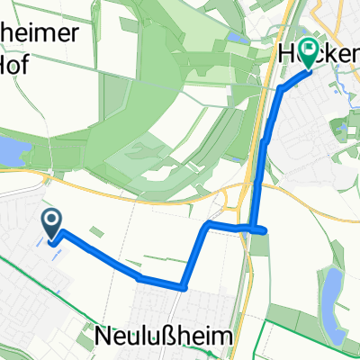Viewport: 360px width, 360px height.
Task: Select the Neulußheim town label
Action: coord(162,335)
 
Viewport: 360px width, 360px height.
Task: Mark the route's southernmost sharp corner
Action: coord(184,288)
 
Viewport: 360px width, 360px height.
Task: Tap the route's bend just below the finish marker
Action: coord(283,89)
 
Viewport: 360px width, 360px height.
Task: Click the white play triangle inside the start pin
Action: coord(52,218)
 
